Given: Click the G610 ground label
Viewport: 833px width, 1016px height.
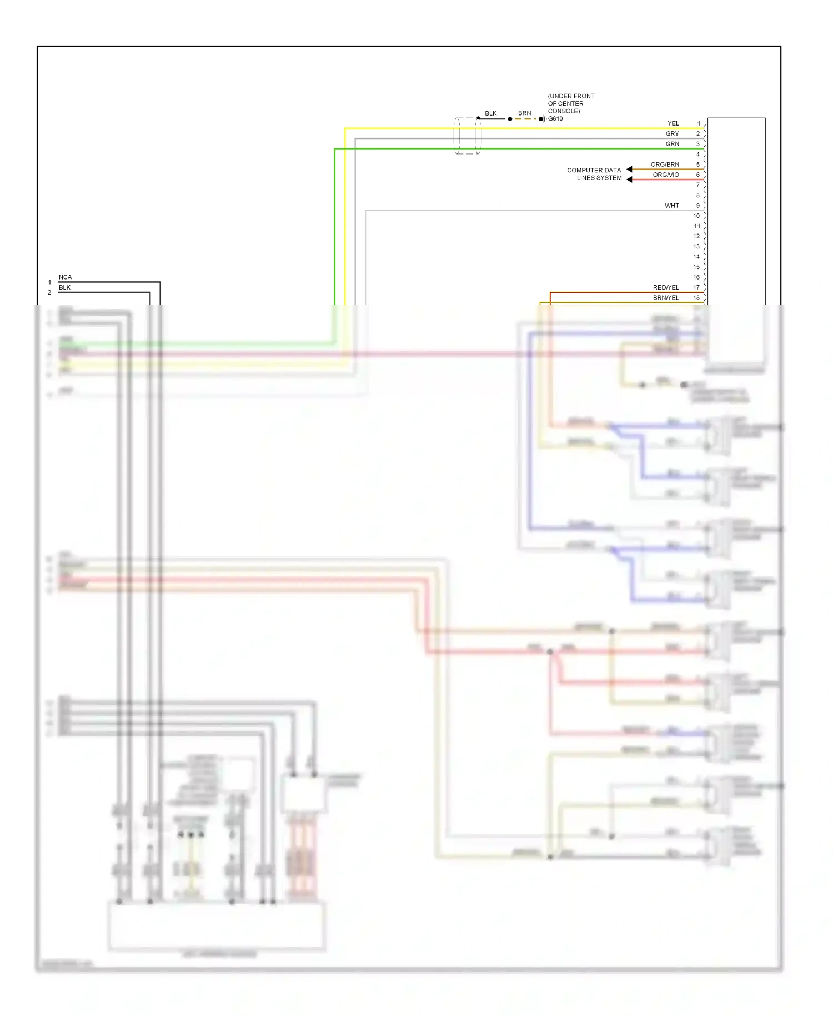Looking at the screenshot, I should (555, 119).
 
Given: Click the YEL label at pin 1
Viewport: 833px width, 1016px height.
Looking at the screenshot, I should (673, 123).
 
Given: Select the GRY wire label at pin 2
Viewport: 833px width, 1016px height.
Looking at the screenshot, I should (672, 134).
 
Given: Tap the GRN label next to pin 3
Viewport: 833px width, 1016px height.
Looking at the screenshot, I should (672, 144).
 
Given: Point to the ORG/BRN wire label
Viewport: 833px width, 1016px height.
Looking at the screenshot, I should (665, 165).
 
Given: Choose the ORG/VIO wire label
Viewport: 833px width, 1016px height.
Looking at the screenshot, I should (665, 175).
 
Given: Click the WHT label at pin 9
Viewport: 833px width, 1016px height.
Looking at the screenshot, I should (671, 206).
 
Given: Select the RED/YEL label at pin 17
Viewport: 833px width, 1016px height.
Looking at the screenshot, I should (665, 287).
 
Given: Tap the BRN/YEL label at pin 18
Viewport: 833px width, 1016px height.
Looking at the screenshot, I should (665, 298).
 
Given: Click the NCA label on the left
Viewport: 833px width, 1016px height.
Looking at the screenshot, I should (65, 277).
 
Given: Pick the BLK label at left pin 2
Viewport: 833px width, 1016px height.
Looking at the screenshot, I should (64, 287).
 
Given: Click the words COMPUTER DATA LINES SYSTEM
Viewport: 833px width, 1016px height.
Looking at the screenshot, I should (594, 174).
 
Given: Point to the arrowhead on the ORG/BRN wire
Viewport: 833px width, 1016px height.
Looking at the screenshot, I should (629, 169).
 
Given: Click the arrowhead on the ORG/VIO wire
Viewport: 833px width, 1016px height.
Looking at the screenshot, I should (629, 179).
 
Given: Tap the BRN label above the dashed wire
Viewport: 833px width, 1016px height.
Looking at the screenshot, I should (524, 113).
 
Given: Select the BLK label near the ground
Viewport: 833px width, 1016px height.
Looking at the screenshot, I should (491, 113).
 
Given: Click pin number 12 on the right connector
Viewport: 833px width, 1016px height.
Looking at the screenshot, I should (696, 236).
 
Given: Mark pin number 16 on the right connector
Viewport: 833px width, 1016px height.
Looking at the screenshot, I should (696, 277).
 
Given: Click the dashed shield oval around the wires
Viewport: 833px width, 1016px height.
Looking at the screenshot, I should (467, 136).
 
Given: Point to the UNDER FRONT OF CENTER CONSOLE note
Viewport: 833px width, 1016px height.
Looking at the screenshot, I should (570, 103).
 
